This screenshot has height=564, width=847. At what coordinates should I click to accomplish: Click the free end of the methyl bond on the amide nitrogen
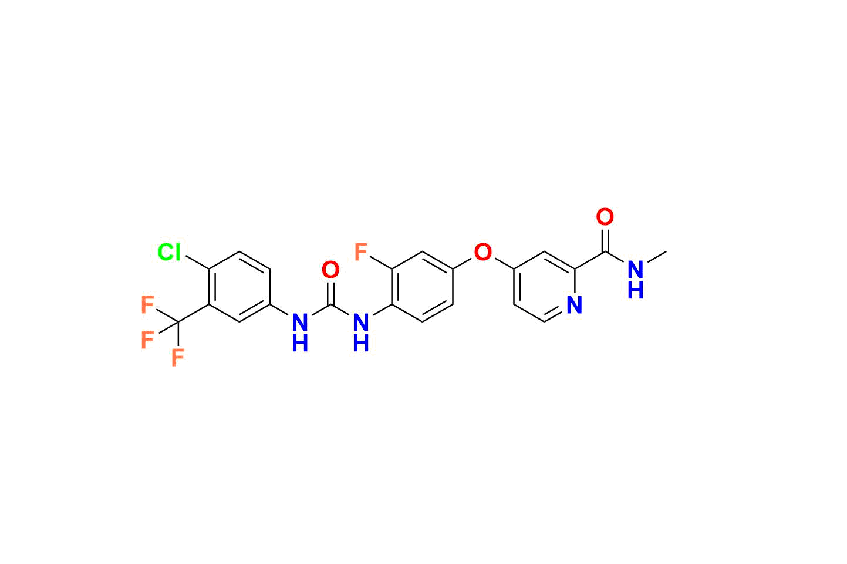(x=666, y=251)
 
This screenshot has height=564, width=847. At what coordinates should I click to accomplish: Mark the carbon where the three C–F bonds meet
(x=178, y=323)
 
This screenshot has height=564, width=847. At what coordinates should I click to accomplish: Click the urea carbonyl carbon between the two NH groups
(x=330, y=305)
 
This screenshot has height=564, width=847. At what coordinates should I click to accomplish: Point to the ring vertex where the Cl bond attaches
(x=209, y=269)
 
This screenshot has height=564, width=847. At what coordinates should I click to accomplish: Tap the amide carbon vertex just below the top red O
(x=605, y=251)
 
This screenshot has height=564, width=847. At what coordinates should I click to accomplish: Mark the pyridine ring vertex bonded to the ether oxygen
(x=514, y=269)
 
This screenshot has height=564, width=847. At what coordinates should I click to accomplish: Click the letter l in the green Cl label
(x=177, y=251)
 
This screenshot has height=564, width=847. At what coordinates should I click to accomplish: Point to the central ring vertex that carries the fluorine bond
(x=392, y=269)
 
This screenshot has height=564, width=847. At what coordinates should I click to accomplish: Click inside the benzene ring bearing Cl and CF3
(x=239, y=287)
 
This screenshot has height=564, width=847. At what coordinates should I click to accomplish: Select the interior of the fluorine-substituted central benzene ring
(x=423, y=287)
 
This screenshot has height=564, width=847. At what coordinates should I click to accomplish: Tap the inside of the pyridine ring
(x=545, y=287)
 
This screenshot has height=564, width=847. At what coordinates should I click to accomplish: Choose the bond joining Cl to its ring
(x=197, y=263)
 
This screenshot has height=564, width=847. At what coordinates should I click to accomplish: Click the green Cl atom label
(x=169, y=251)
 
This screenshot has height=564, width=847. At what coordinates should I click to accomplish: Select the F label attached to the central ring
(x=361, y=251)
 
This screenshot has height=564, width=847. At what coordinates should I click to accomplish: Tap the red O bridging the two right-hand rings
(x=483, y=251)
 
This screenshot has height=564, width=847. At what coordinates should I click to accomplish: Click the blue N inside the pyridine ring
(x=575, y=305)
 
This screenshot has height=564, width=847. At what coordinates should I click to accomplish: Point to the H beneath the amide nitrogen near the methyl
(x=636, y=291)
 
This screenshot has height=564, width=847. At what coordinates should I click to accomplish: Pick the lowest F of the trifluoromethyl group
(x=178, y=358)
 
